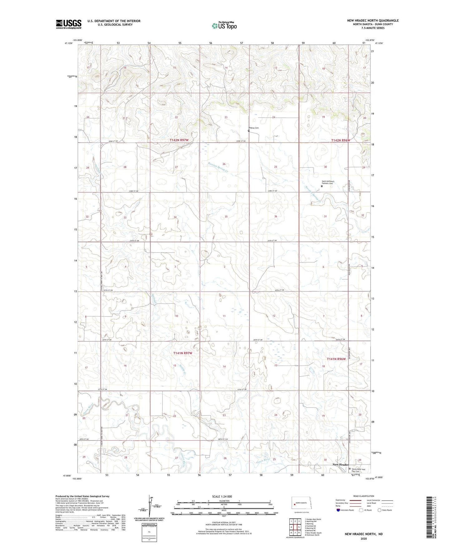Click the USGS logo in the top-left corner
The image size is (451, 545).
69,24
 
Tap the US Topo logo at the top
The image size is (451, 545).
224,26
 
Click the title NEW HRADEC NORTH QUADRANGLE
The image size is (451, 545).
373,21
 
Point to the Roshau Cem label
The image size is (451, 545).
254,128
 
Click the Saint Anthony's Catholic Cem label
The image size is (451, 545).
328,183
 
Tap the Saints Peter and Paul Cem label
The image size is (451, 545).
358,470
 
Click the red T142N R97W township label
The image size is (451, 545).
179,140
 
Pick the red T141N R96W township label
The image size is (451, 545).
336,359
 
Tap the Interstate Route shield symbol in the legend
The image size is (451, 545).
338,510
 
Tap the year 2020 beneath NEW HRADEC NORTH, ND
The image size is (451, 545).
364,538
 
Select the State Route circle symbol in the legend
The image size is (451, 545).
380,510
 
